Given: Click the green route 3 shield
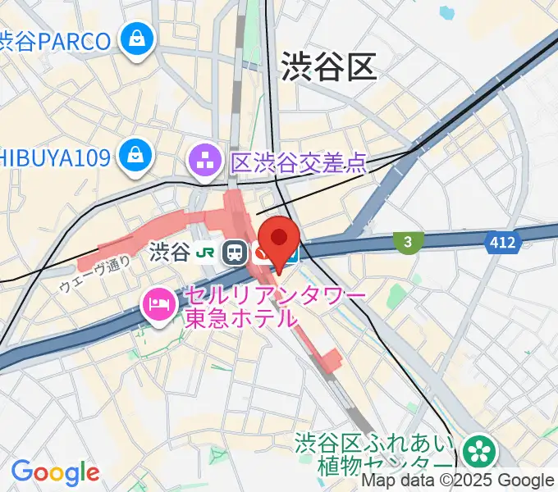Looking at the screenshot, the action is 408,241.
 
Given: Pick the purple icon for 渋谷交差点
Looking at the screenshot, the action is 203,160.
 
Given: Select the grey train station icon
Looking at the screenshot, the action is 236,253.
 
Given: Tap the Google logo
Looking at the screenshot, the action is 54,472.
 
